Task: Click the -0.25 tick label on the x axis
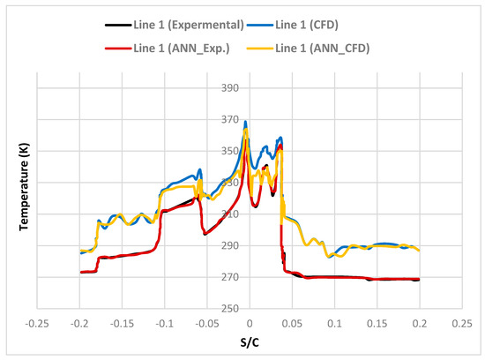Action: click(x=36, y=322)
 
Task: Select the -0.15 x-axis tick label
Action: click(x=122, y=322)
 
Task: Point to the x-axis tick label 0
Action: click(x=249, y=322)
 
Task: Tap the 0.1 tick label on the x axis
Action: click(x=334, y=322)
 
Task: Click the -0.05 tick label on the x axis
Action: click(x=206, y=322)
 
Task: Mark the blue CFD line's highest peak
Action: click(x=245, y=122)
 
